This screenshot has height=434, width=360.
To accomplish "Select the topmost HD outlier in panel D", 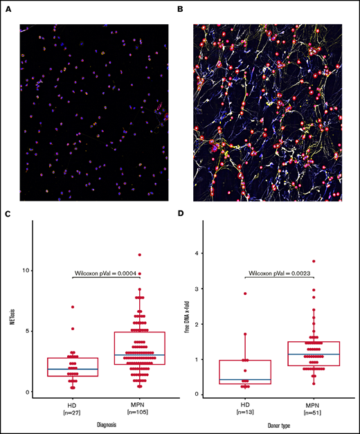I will pos(244,293).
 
